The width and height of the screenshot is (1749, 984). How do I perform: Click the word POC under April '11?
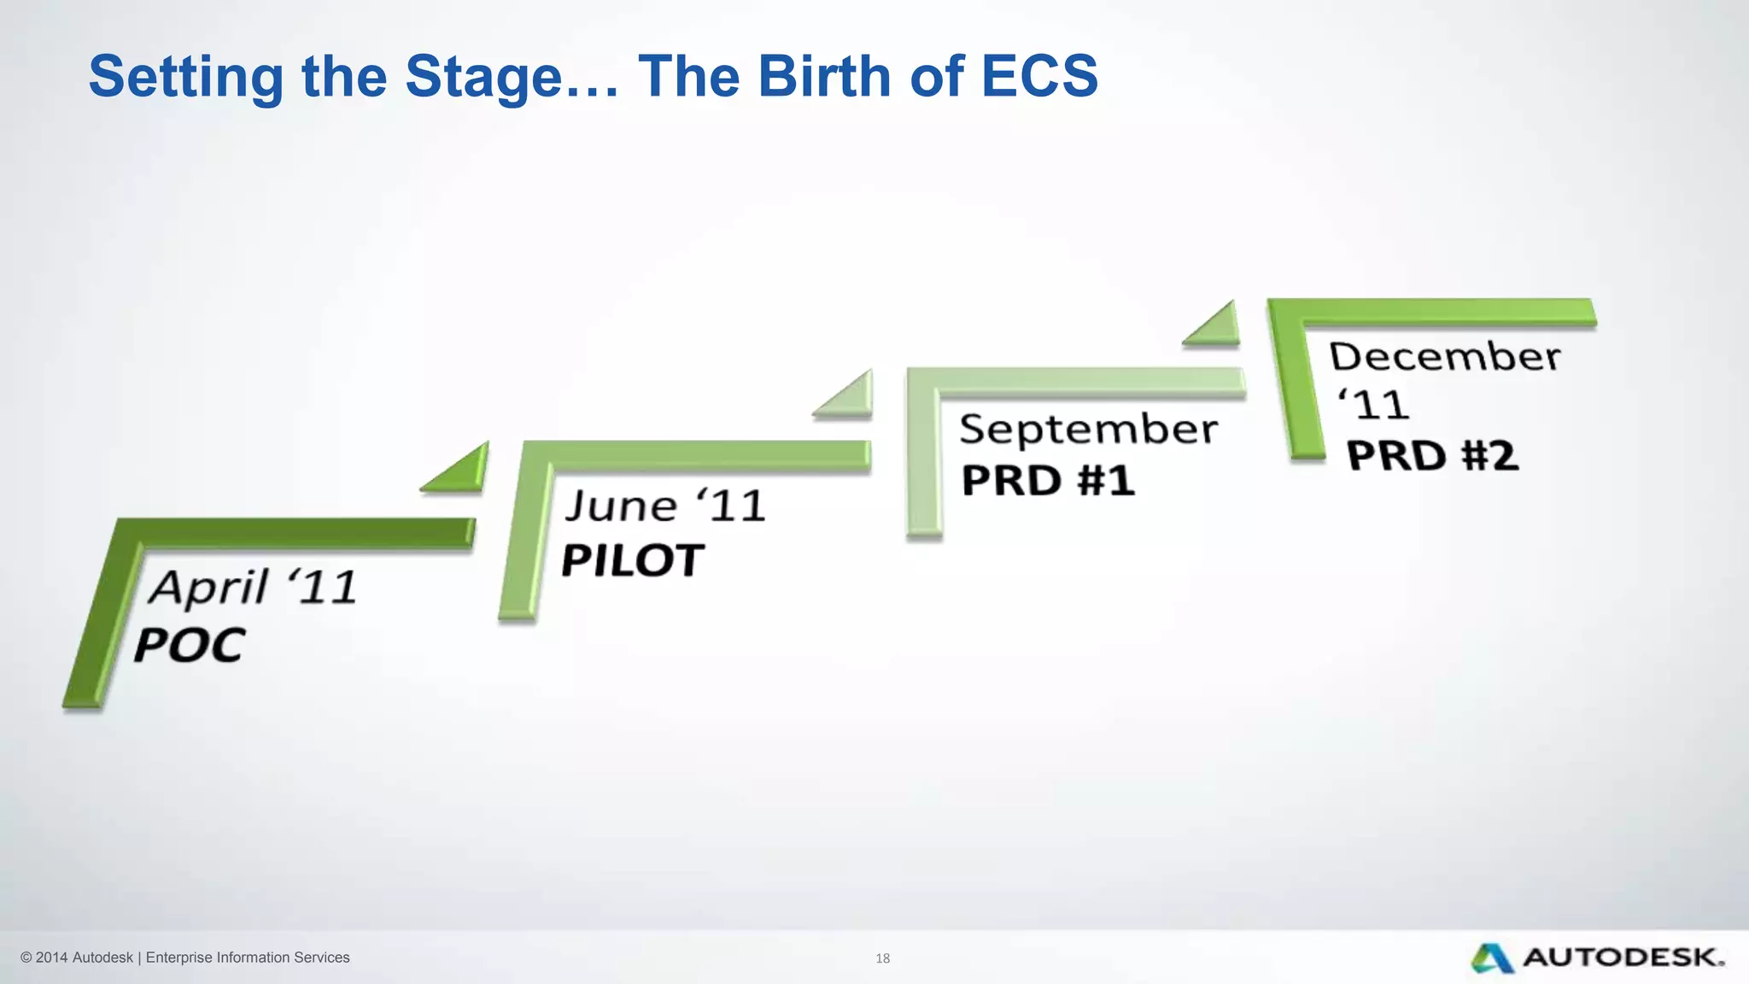pyautogui.click(x=190, y=646)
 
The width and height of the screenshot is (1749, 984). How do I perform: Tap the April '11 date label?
pyautogui.click(x=253, y=588)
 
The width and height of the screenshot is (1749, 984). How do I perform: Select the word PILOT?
pyautogui.click(x=632, y=561)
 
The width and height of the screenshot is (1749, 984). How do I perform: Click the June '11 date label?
pyautogui.click(x=664, y=506)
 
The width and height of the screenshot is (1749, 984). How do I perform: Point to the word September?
pyautogui.click(x=1088, y=429)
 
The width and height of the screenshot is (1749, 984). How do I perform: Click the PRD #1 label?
pyautogui.click(x=1048, y=481)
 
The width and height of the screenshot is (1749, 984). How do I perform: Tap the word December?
pyautogui.click(x=1444, y=356)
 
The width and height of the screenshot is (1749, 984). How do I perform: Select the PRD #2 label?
pyautogui.click(x=1432, y=455)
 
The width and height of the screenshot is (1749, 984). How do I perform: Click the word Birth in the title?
pyautogui.click(x=825, y=77)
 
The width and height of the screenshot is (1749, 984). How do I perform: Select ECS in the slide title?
pyautogui.click(x=1039, y=77)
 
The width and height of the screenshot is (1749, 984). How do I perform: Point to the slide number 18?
pyautogui.click(x=882, y=958)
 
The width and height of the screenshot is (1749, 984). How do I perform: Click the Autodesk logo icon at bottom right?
pyautogui.click(x=1491, y=958)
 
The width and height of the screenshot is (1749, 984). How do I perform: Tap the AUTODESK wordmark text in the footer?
pyautogui.click(x=1623, y=958)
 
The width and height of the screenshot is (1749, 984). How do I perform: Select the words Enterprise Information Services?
pyautogui.click(x=248, y=958)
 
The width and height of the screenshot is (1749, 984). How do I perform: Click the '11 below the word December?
pyautogui.click(x=1372, y=405)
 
